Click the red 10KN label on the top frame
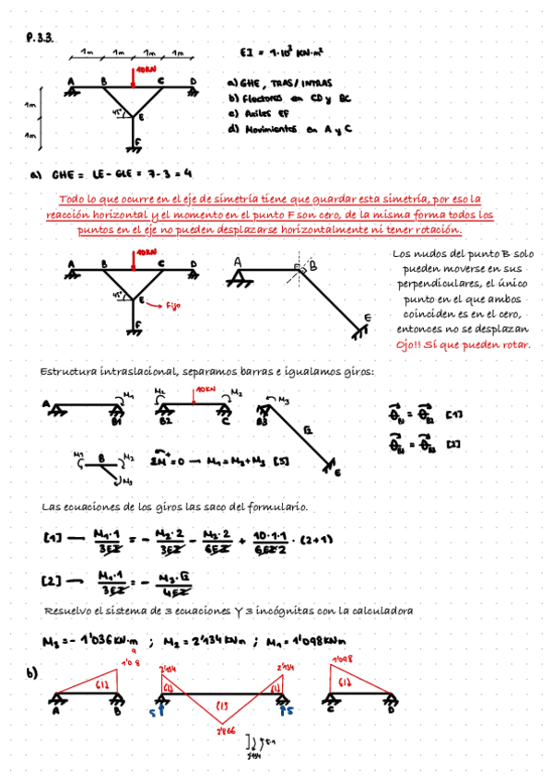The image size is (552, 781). click(x=146, y=70)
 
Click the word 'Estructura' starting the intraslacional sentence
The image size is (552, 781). click(x=70, y=371)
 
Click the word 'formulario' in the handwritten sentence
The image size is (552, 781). click(x=276, y=507)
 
